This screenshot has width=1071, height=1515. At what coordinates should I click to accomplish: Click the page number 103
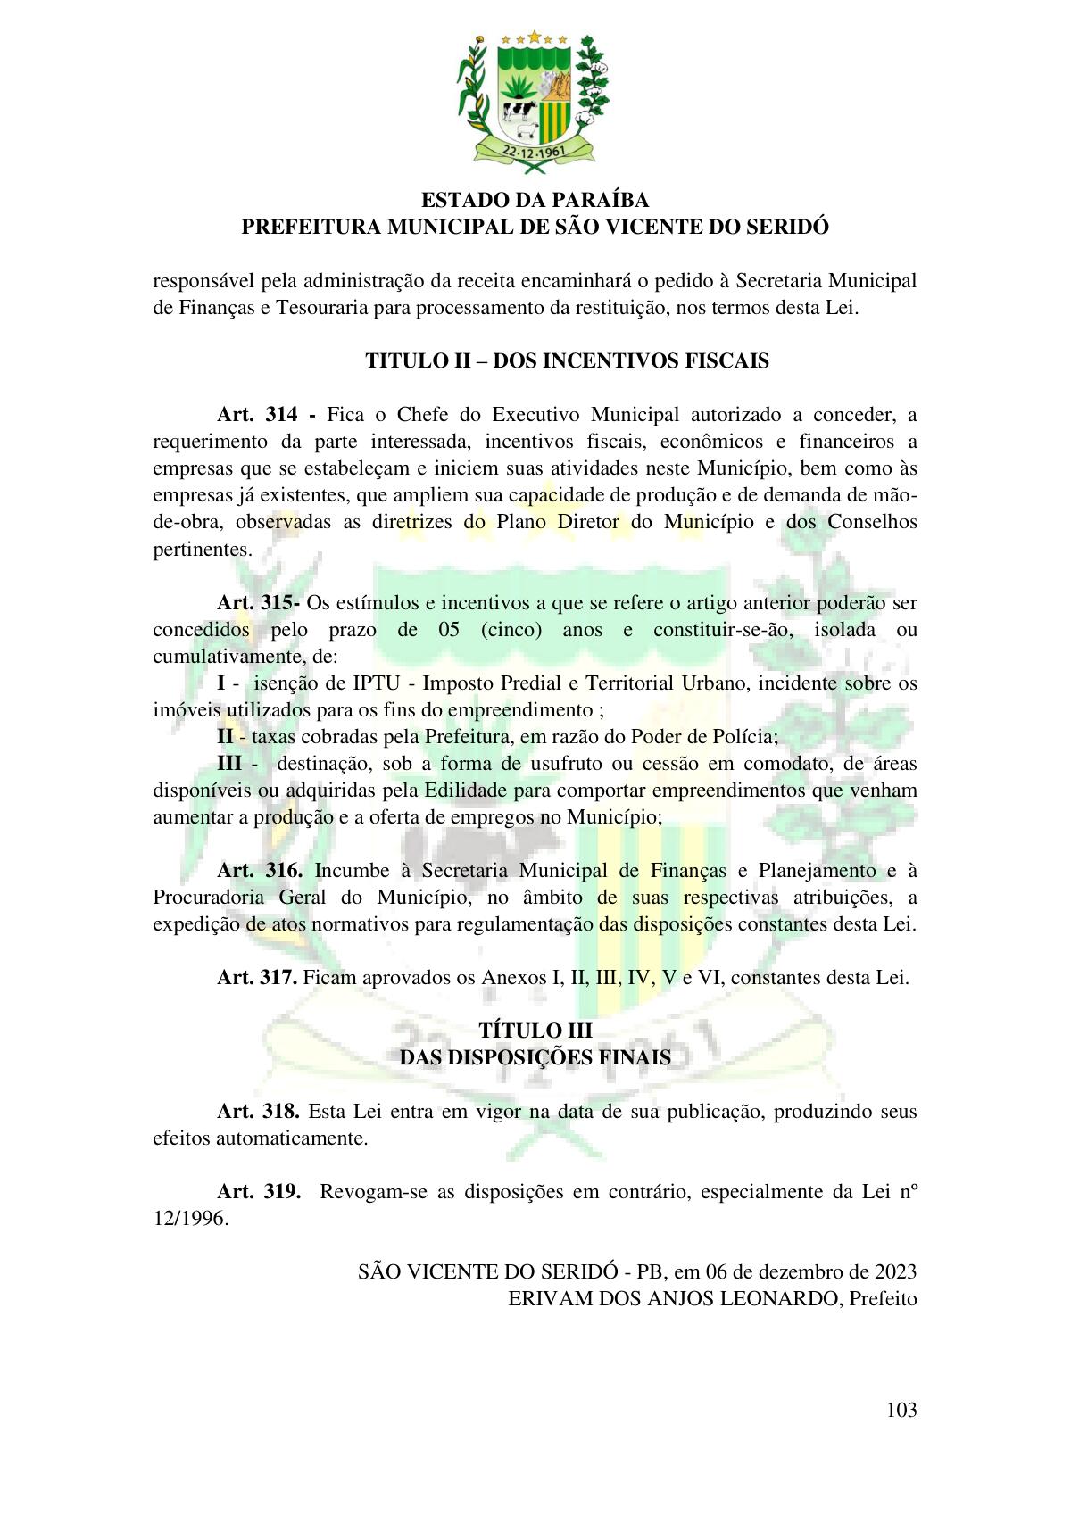click(x=901, y=1411)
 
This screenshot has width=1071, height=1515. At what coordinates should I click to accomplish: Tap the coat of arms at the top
click(x=535, y=98)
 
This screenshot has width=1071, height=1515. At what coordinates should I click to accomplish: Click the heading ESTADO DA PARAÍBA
click(x=535, y=200)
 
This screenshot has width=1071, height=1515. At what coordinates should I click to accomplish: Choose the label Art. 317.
click(x=257, y=978)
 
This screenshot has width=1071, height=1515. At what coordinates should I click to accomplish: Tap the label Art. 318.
click(x=259, y=1113)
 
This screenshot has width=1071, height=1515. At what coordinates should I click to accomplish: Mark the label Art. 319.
click(x=259, y=1193)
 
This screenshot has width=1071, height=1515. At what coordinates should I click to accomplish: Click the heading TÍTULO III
click(x=535, y=1031)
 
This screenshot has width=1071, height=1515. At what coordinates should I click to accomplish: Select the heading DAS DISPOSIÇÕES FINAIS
click(x=535, y=1058)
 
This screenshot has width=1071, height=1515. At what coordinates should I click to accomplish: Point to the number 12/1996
click(x=190, y=1220)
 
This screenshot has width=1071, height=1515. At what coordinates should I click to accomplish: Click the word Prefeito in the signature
click(x=883, y=1299)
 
